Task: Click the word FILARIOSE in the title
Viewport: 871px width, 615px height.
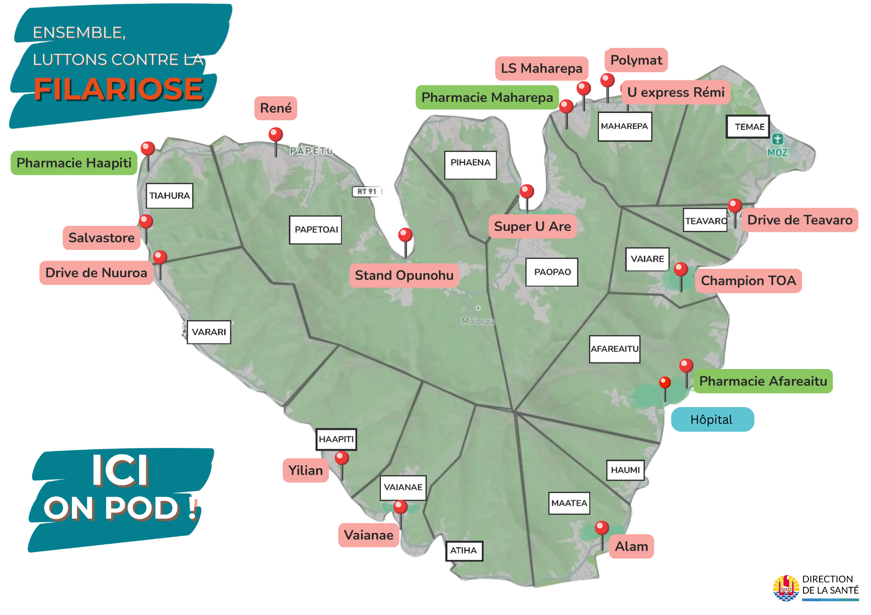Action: tap(118, 89)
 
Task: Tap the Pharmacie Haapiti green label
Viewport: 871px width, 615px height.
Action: tap(74, 163)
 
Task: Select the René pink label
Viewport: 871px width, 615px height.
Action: tap(276, 108)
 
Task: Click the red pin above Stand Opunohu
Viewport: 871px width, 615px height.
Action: tap(405, 235)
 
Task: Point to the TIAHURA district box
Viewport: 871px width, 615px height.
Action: tap(170, 196)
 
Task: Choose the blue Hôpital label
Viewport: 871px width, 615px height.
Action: tap(712, 419)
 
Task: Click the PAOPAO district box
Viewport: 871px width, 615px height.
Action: tap(552, 272)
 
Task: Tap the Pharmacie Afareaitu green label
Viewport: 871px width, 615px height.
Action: tap(763, 381)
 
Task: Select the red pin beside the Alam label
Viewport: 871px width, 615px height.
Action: tap(602, 528)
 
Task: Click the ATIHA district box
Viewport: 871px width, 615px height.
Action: tap(464, 551)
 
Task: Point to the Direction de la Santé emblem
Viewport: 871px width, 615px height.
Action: tap(786, 588)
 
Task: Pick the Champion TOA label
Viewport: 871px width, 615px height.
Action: tap(748, 281)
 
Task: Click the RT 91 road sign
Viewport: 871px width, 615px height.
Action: tap(367, 192)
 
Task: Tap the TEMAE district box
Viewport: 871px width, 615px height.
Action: tap(748, 127)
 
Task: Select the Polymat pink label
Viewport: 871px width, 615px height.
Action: tap(636, 60)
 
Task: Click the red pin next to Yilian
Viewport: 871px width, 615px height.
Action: tap(342, 458)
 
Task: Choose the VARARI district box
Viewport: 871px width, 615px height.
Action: tap(209, 332)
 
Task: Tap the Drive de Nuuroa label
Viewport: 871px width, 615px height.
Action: tap(96, 273)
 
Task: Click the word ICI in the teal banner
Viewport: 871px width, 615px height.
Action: tap(120, 471)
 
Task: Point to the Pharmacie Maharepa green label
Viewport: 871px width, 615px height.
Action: tap(487, 98)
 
